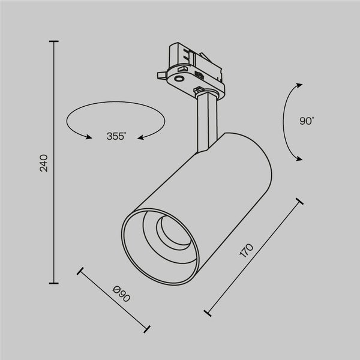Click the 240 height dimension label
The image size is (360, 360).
click(44, 163)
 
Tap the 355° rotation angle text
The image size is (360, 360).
click(116, 136)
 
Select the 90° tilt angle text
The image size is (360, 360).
click(307, 121)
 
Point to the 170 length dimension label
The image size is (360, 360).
click(247, 251)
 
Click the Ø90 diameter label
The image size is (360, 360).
click(122, 295)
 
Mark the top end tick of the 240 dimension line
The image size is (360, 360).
click(55, 41)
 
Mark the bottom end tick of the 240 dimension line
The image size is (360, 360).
click(55, 283)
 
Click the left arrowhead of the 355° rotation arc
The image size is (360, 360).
click(89, 137)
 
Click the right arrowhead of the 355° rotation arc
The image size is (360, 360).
click(141, 137)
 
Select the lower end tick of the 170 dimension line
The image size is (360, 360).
click(208, 313)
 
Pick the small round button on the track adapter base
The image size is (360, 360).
click(179, 77)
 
